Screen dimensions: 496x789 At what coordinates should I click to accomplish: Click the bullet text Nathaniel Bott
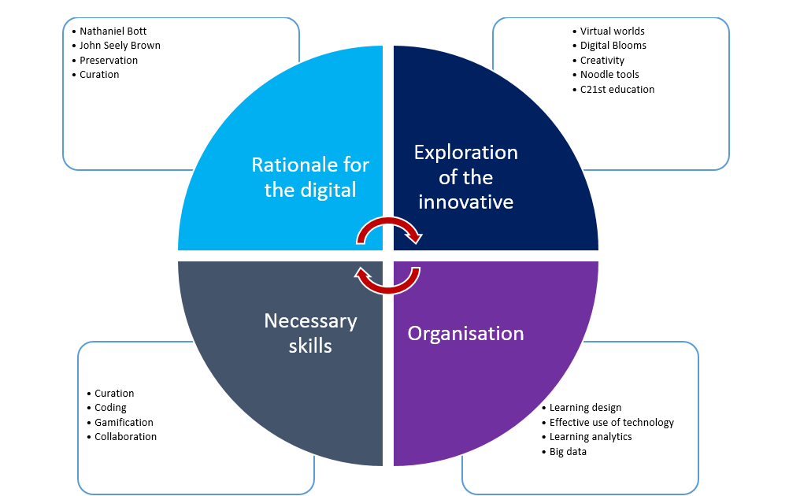113,31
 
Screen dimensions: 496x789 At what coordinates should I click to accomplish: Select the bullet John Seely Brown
120,46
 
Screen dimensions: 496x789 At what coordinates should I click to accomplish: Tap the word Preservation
109,60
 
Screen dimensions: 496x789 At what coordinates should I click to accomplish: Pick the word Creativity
602,60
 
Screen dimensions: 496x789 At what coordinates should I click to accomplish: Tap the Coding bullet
110,408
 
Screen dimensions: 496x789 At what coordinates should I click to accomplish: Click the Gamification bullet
124,422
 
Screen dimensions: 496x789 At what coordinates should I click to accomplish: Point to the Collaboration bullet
125,437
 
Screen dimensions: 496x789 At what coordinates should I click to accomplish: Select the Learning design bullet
585,408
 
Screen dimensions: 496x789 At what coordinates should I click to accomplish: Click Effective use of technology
612,422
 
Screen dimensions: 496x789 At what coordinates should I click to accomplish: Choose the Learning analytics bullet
591,437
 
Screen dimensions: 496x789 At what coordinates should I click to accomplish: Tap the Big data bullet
568,452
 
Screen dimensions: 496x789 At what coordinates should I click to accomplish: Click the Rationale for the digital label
310,177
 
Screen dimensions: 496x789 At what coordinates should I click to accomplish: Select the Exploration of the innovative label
466,177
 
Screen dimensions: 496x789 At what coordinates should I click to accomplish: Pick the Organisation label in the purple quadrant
465,333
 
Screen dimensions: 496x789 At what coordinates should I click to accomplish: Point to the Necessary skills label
310,333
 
